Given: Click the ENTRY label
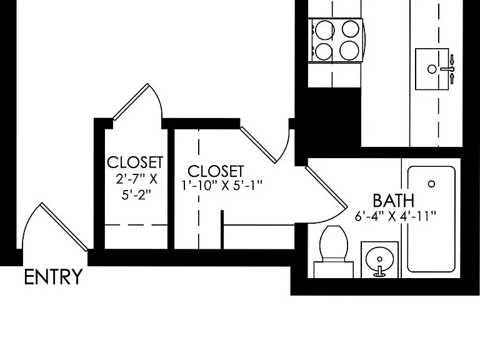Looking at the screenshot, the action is [53, 277].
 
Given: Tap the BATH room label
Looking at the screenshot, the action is [394, 201].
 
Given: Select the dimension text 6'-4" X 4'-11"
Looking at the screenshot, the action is [395, 216].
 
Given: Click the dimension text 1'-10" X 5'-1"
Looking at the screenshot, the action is [222, 185].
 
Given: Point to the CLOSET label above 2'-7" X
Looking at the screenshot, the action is [135, 162].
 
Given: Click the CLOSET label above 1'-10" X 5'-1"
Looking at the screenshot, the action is [216, 171].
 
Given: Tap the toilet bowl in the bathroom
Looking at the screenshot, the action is [334, 242].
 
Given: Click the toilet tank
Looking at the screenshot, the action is [334, 270].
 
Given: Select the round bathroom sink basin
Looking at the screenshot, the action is [379, 259].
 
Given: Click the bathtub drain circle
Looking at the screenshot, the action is [431, 184].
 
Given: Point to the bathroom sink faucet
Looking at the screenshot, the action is [379, 272].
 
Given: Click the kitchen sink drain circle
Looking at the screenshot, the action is [432, 69].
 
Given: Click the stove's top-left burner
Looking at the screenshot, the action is [324, 30].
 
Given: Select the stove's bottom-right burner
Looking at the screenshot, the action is [349, 50].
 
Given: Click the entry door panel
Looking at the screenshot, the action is [65, 227].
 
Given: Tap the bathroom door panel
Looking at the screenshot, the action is [326, 187].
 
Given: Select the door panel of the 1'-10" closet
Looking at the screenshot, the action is [259, 145].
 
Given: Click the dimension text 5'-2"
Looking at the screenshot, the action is [136, 195].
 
